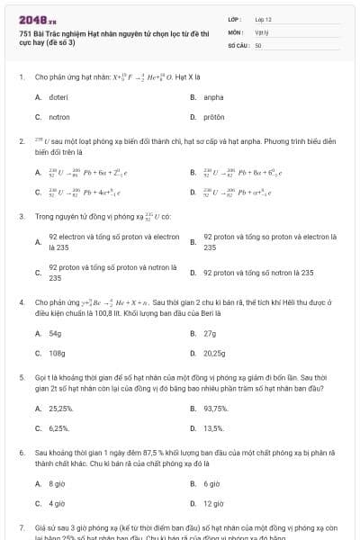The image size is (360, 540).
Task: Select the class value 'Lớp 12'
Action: [263, 18]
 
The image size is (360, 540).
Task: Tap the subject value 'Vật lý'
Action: [261, 31]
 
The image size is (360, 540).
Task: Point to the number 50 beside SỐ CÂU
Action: [258, 44]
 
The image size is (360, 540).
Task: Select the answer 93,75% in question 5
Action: [214, 408]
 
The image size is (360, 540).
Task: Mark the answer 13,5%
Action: [213, 428]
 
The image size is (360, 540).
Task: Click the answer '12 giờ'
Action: [213, 504]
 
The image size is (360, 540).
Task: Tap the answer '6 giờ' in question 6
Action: [211, 483]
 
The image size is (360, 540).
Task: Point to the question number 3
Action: [21, 217]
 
